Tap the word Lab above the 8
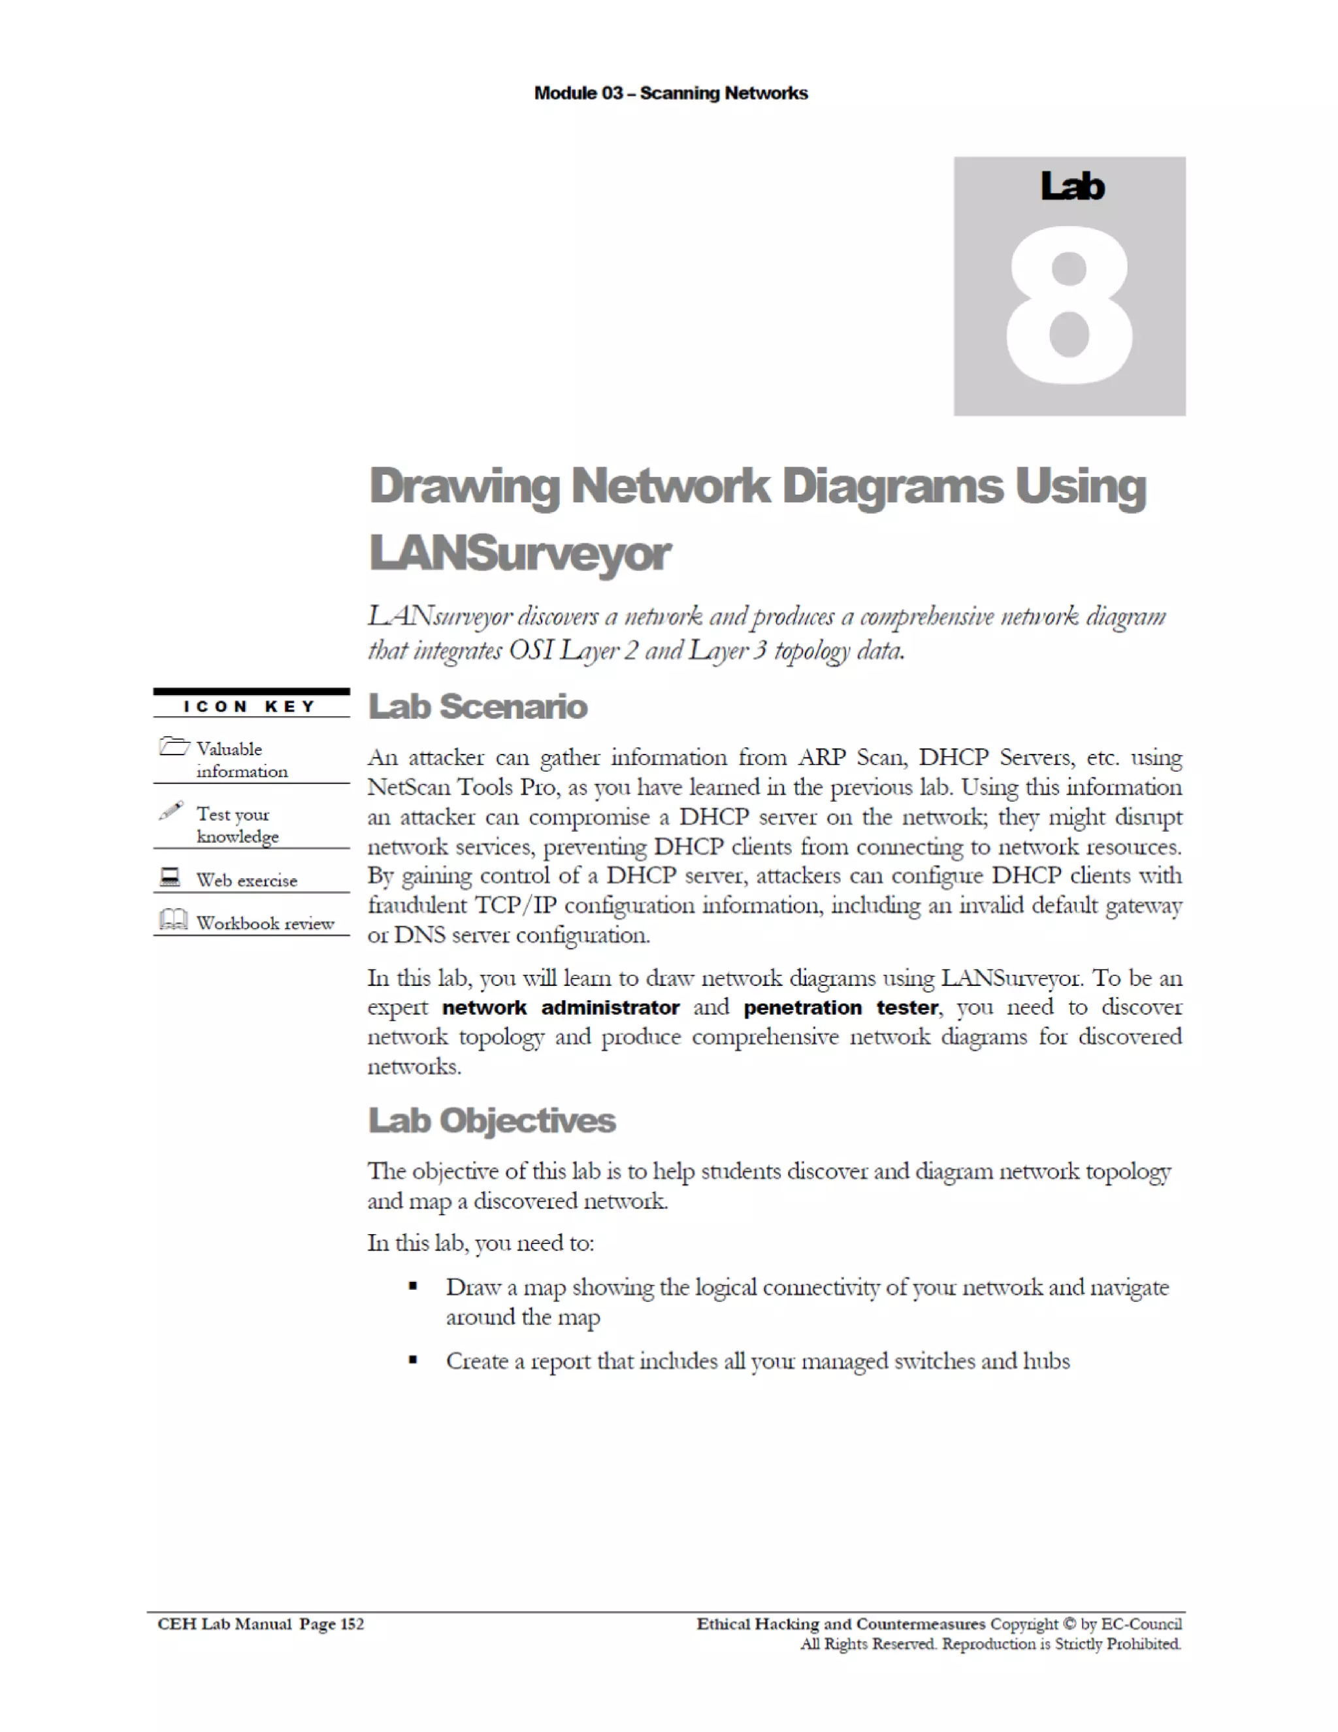coord(1071,186)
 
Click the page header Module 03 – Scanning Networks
coord(670,93)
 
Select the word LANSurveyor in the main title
coord(519,553)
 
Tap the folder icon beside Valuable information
coord(174,746)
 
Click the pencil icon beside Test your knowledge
coord(171,811)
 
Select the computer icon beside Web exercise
coord(170,876)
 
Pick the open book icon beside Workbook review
coord(173,919)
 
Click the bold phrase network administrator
coord(560,1007)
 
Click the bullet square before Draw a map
coord(412,1286)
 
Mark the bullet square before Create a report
coord(412,1360)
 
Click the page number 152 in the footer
coord(351,1624)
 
